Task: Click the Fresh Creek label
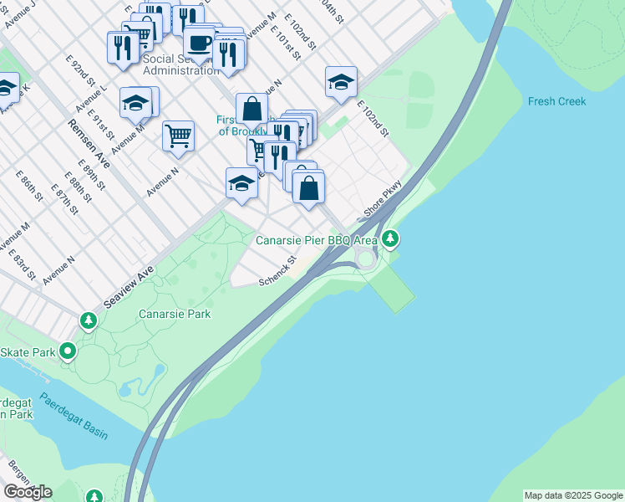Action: [556, 101]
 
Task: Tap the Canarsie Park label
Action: [175, 314]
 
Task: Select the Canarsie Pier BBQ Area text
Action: [316, 240]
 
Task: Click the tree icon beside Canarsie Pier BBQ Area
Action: [390, 240]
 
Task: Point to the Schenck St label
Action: [278, 269]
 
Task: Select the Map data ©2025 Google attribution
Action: [572, 495]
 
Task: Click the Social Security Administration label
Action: [180, 64]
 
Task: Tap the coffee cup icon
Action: [199, 41]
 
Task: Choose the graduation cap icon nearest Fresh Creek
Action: [341, 82]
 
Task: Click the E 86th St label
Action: [29, 187]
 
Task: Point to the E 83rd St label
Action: [23, 263]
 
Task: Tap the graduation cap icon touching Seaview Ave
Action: [241, 183]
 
